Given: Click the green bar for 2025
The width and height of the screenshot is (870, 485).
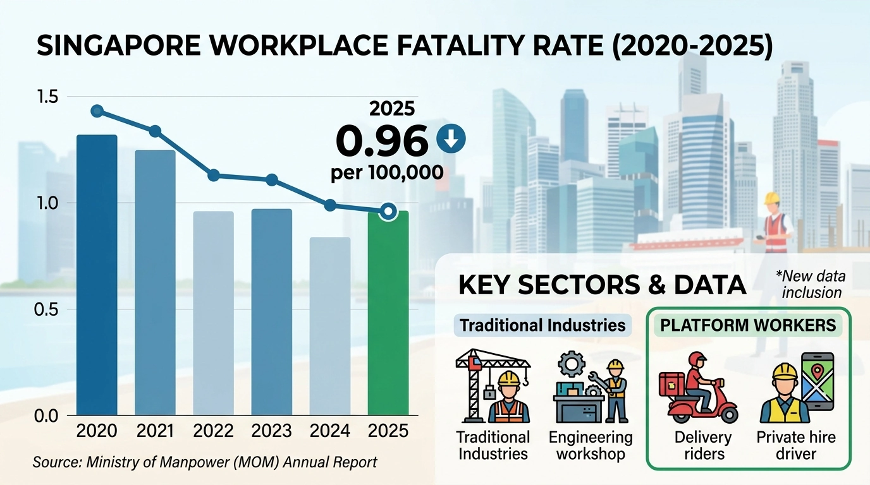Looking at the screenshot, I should point(388,316).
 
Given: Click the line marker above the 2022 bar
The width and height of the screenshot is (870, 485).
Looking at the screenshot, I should point(214,175).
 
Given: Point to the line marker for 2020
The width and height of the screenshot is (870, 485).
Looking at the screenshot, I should point(97,111).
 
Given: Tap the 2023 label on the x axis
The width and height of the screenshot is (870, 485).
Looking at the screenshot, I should point(272,432).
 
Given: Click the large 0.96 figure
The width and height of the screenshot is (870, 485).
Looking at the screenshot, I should point(381,141).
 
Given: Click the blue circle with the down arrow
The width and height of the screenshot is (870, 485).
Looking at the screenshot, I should point(451,140).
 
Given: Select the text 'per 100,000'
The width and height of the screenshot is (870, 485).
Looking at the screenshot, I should point(386,172).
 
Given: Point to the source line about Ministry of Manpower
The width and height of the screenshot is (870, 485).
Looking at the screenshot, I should point(205,462).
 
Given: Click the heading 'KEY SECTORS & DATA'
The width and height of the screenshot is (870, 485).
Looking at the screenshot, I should point(602,285).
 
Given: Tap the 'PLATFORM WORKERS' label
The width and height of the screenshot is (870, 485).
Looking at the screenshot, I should point(748,326).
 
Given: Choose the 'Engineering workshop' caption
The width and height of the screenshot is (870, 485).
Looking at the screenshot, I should point(590,445).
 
